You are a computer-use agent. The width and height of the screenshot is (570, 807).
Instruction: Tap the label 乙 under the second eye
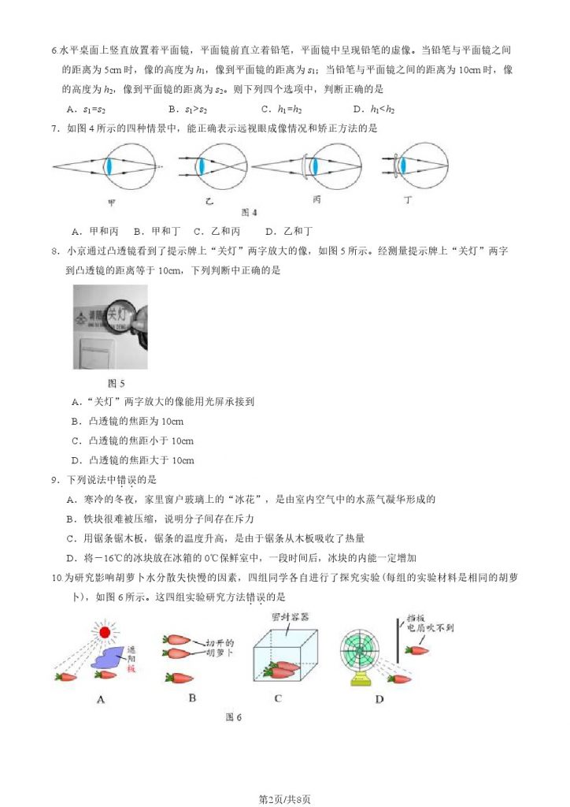click(209, 201)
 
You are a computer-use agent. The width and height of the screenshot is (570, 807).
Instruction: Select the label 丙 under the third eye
click(316, 200)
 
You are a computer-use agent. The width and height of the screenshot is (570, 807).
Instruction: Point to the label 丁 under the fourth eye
click(408, 200)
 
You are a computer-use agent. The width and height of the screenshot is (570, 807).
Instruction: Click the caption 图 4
click(249, 213)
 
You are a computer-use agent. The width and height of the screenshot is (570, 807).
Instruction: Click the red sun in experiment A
click(103, 631)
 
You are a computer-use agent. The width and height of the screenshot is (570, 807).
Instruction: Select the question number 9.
click(54, 480)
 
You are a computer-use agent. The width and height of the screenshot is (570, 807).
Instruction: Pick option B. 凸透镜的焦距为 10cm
click(127, 421)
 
